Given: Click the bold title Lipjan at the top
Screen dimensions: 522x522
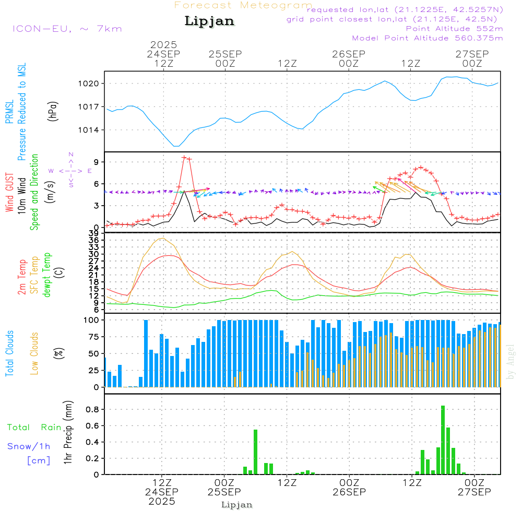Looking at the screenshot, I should pyautogui.click(x=209, y=21).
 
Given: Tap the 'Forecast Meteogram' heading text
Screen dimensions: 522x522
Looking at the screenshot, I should pyautogui.click(x=243, y=6).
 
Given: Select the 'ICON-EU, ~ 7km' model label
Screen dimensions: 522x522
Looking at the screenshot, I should pyautogui.click(x=67, y=29).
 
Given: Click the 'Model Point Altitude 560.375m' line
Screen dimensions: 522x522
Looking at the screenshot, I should pyautogui.click(x=428, y=38).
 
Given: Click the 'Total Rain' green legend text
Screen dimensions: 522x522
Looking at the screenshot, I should pyautogui.click(x=34, y=428).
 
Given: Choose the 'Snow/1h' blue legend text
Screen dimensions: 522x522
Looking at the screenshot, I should pyautogui.click(x=29, y=446).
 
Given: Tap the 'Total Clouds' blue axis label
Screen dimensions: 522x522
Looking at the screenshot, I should pyautogui.click(x=10, y=353).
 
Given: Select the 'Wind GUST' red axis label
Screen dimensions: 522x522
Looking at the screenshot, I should pyautogui.click(x=10, y=193).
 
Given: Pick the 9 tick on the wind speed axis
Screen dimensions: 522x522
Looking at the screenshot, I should pyautogui.click(x=96, y=162).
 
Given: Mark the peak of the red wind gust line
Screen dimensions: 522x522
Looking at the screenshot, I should pyautogui.click(x=184, y=157).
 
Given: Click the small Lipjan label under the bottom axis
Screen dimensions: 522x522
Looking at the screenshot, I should pyautogui.click(x=237, y=505).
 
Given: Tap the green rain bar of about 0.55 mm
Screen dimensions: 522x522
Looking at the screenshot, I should pyautogui.click(x=255, y=452).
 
